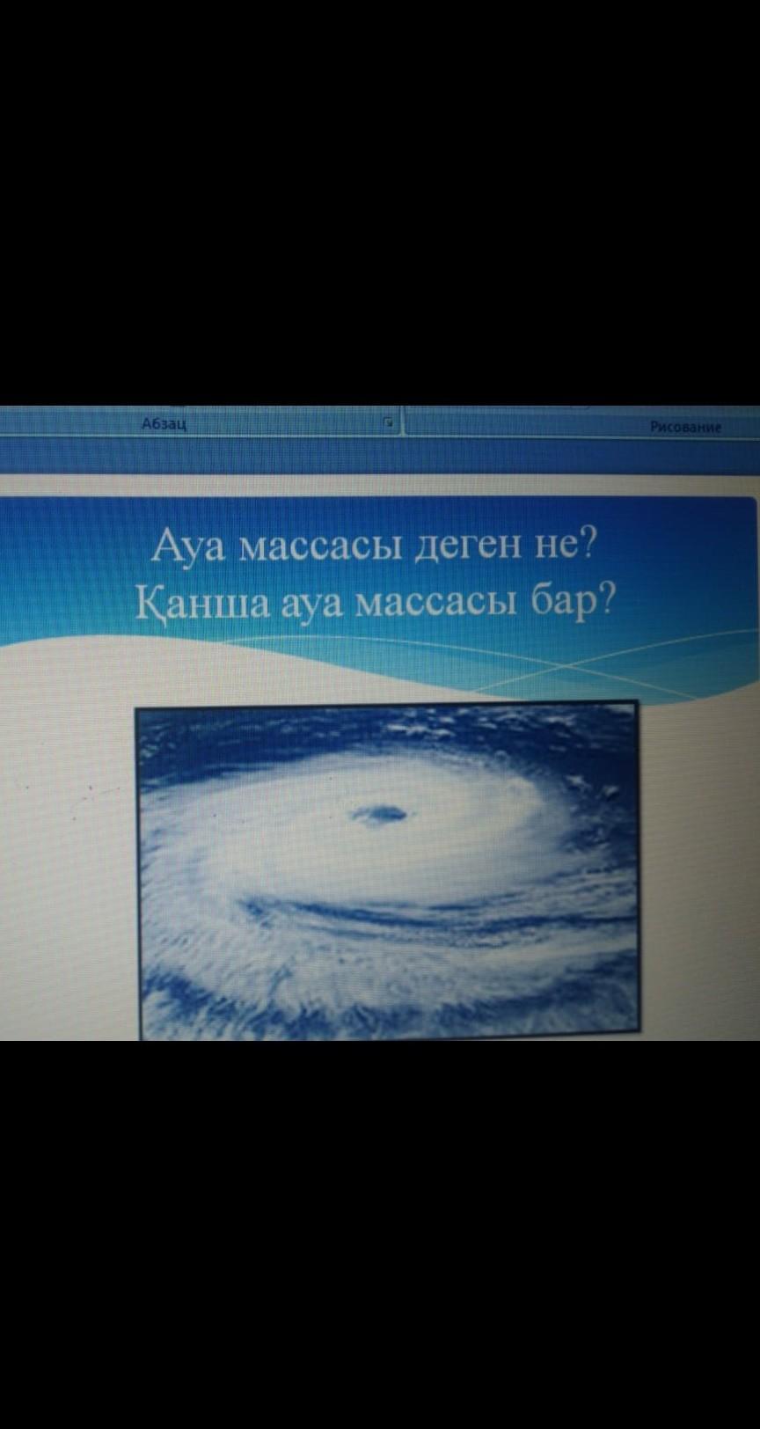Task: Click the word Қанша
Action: pos(204,603)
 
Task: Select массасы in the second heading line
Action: pos(435,605)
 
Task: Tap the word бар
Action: pos(563,603)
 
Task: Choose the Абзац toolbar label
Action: pos(164,423)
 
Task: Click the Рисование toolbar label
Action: pos(685,428)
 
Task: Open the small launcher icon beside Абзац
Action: pos(386,421)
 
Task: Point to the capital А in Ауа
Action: pos(165,546)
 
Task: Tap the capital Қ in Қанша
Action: pos(150,603)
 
